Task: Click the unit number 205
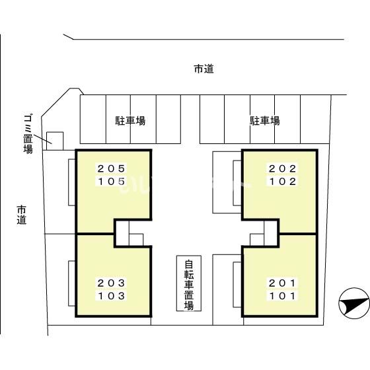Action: tap(111, 168)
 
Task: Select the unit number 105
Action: tap(111, 182)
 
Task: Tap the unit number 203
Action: tap(111, 283)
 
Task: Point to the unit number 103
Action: tap(111, 296)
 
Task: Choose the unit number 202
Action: tap(283, 168)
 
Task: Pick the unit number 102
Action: tap(283, 182)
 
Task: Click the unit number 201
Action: tap(283, 283)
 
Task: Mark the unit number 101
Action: tap(283, 296)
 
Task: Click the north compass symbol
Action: tap(354, 303)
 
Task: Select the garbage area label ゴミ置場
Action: tap(28, 133)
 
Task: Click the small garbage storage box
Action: tap(55, 141)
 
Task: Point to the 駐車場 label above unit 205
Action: tap(130, 120)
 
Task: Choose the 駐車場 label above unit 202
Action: tap(265, 120)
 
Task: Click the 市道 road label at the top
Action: tap(204, 69)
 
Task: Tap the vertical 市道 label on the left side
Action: tap(21, 215)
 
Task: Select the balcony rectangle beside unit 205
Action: tap(72, 182)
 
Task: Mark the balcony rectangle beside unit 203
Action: tap(72, 283)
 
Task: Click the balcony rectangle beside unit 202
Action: tap(238, 183)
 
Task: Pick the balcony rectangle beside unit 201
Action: tap(238, 285)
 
